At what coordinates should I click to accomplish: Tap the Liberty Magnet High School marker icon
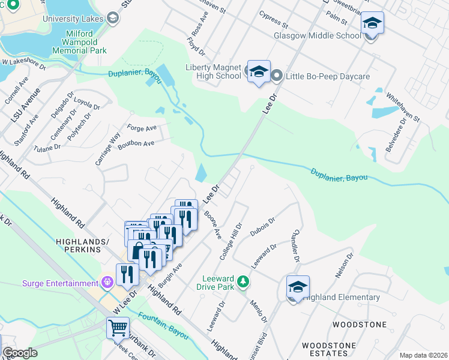click(259, 73)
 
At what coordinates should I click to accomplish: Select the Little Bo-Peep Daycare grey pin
click(277, 76)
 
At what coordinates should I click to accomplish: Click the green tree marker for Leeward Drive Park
click(243, 280)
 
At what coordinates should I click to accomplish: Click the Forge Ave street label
click(142, 127)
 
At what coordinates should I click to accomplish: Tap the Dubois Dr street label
click(262, 228)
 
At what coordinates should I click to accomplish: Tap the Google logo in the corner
click(20, 353)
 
